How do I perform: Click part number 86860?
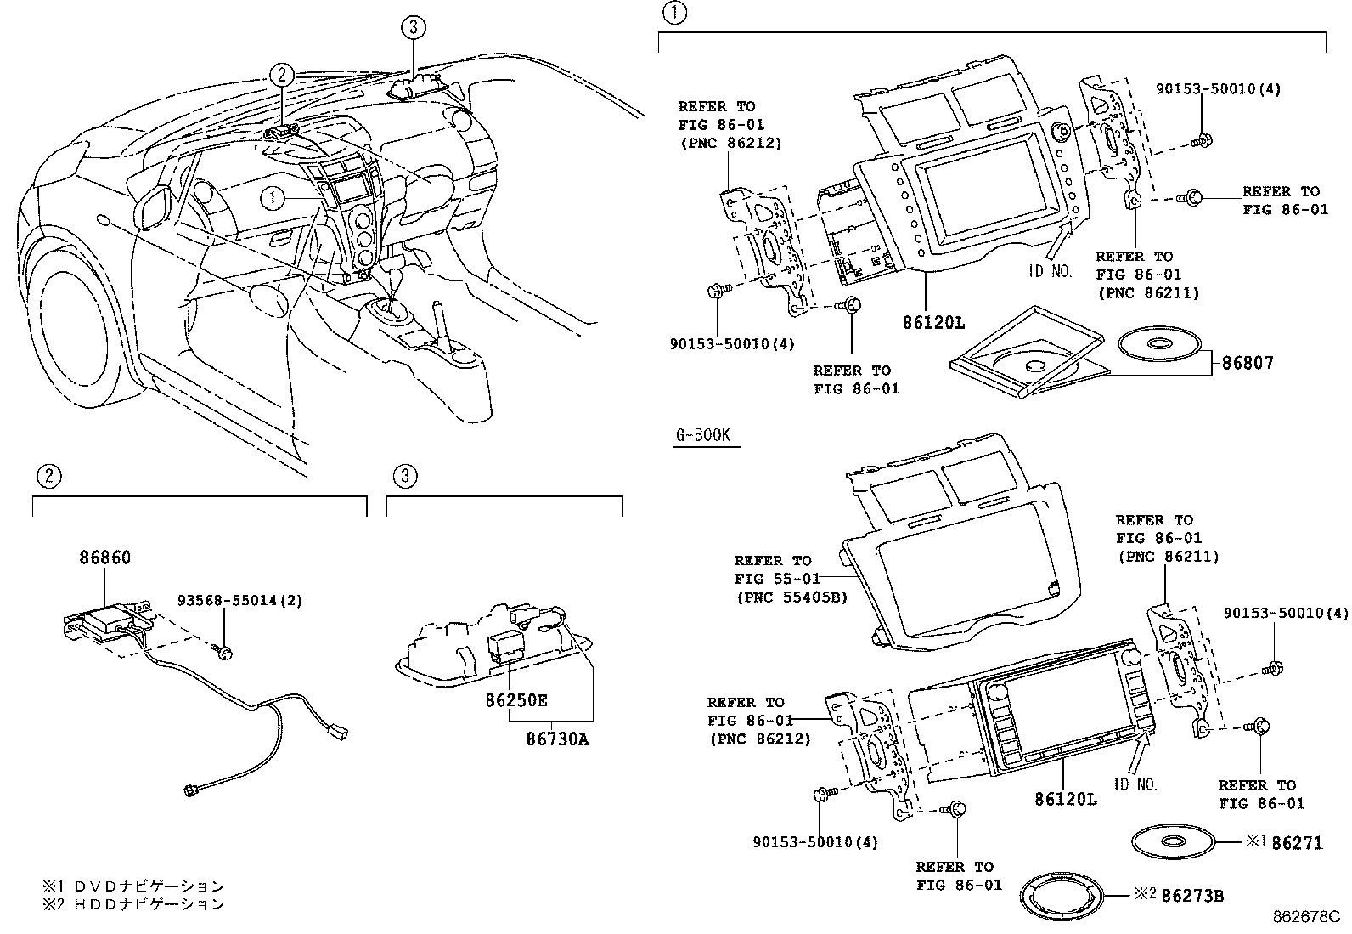[x=105, y=558]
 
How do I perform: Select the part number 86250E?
[x=515, y=700]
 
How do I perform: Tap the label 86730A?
[x=557, y=739]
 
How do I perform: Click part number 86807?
[x=1248, y=363]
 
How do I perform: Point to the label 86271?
[x=1297, y=843]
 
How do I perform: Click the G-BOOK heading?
[x=703, y=436]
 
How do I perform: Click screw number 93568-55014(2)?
[x=239, y=600]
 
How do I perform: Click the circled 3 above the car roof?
[x=412, y=28]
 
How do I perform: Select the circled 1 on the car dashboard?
[x=273, y=199]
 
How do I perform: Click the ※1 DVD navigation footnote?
[x=134, y=886]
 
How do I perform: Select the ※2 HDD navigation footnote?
[x=134, y=904]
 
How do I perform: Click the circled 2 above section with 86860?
[x=48, y=476]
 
